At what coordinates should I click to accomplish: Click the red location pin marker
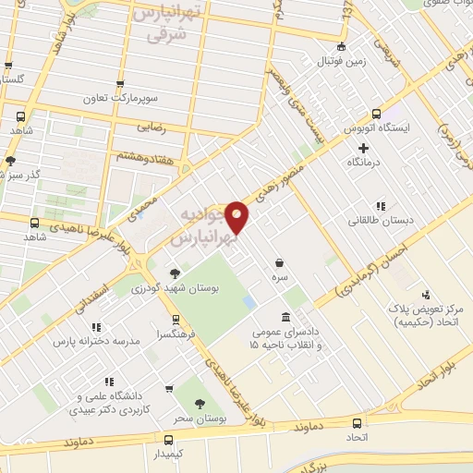tap(238, 217)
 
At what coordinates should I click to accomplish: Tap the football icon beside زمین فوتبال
tap(342, 46)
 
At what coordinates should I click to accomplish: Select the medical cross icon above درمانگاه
tap(363, 147)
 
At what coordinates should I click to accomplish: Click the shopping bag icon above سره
tap(279, 262)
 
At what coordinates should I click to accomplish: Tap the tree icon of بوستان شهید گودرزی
tap(175, 273)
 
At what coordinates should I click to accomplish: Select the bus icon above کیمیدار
tap(168, 441)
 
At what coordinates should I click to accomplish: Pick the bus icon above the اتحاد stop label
tap(355, 418)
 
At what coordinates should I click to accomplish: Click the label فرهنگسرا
tap(176, 333)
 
